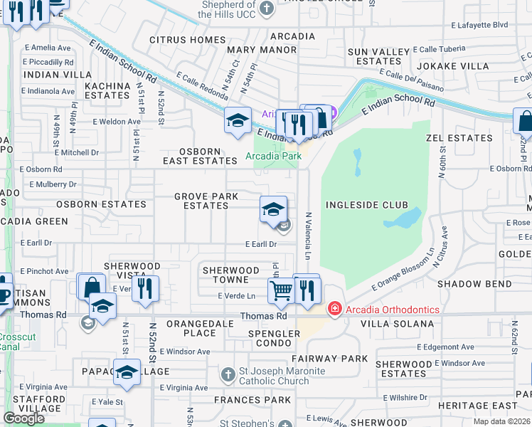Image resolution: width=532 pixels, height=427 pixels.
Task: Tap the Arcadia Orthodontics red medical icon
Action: pyautogui.click(x=334, y=310)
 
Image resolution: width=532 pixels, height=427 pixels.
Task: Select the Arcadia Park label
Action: pyautogui.click(x=274, y=156)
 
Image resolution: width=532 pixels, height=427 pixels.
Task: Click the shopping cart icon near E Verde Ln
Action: pyautogui.click(x=281, y=290)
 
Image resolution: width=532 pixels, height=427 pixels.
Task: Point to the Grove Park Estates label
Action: pyautogui.click(x=206, y=201)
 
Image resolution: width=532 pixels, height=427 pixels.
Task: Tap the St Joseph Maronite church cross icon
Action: pyautogui.click(x=228, y=374)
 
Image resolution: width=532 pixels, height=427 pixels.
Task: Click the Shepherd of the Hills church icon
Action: pyautogui.click(x=267, y=9)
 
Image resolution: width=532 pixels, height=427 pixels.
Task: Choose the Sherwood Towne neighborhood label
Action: pyautogui.click(x=231, y=275)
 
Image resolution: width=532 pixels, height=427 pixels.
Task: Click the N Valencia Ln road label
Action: pyautogui.click(x=309, y=234)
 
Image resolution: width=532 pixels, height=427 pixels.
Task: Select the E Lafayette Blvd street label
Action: pyautogui.click(x=480, y=24)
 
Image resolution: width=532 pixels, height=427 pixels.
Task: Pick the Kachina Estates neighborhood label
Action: pyautogui.click(x=106, y=90)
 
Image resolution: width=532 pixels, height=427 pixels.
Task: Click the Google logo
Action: pyautogui.click(x=23, y=418)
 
